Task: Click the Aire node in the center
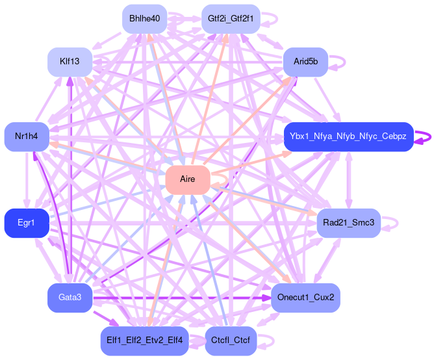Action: tap(187, 179)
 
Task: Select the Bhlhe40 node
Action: tap(144, 19)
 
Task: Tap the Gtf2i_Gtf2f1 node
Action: tap(231, 19)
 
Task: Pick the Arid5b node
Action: tap(305, 62)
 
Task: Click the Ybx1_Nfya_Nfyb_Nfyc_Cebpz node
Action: tap(348, 136)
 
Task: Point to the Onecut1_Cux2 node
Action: tap(305, 298)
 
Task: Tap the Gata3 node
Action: tap(70, 298)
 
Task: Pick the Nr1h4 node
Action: tap(27, 136)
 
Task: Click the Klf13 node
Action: tap(70, 62)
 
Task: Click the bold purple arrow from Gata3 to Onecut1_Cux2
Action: tap(182, 298)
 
